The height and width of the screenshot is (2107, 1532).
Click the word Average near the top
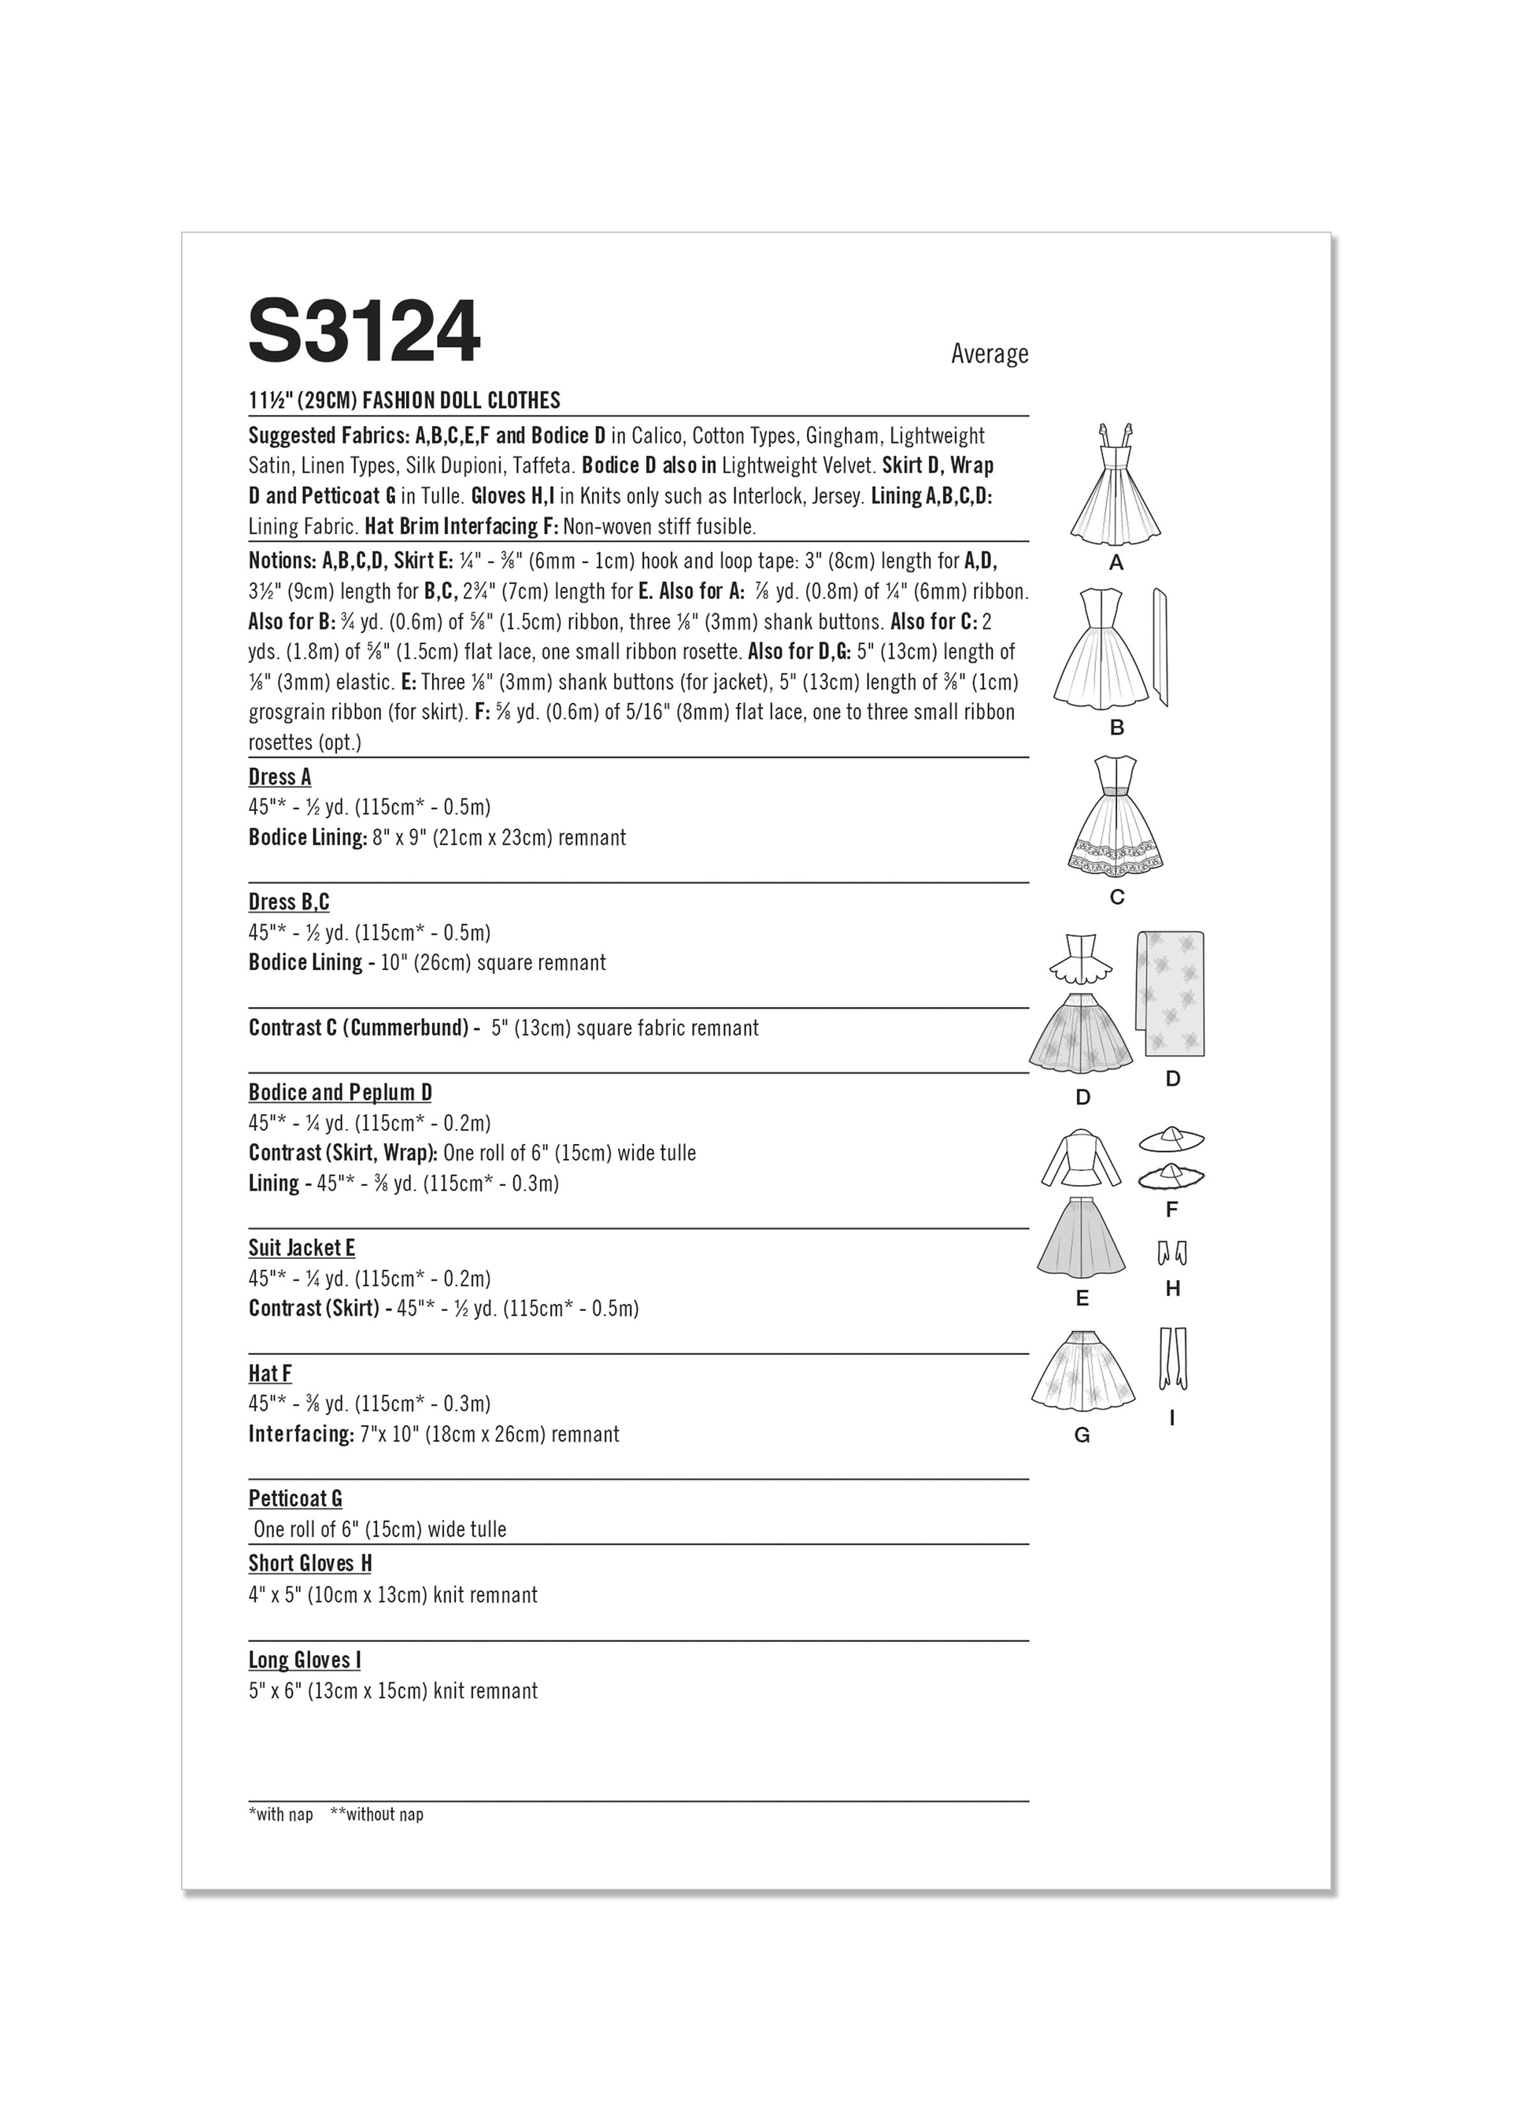click(x=989, y=354)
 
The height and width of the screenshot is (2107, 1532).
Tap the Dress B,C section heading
click(x=289, y=902)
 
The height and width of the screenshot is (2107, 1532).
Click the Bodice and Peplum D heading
click(x=340, y=1093)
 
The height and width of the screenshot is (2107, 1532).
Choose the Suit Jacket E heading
click(x=302, y=1248)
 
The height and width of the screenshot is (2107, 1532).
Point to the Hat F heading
click(x=270, y=1373)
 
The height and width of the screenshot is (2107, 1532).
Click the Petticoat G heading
click(x=295, y=1498)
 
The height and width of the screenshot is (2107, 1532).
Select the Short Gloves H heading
click(x=310, y=1564)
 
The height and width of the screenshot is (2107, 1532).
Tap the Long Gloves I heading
click(x=305, y=1660)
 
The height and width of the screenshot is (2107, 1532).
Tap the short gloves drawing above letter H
click(x=1172, y=1254)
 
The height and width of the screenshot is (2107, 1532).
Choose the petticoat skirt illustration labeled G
click(x=1082, y=1373)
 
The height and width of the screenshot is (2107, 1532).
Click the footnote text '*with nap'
click(x=280, y=1813)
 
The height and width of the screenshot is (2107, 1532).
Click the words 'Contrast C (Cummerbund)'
click(x=357, y=1028)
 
